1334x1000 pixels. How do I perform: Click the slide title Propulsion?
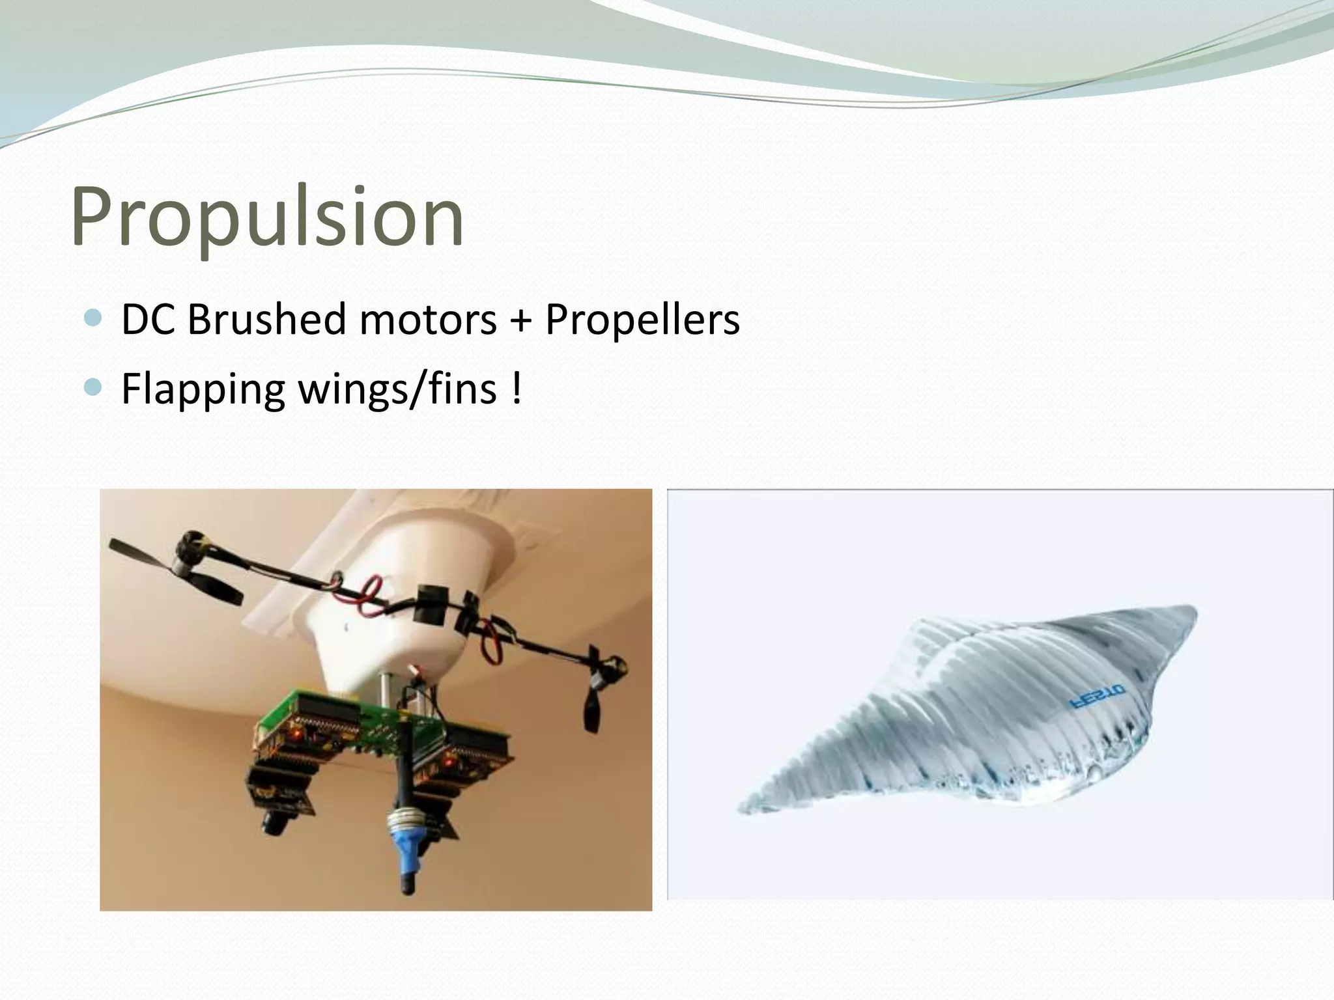tap(267, 216)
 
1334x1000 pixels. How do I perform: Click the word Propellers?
tap(642, 320)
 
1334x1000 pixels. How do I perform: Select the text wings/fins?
tap(397, 390)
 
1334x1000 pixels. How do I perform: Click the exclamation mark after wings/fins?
tap(517, 389)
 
